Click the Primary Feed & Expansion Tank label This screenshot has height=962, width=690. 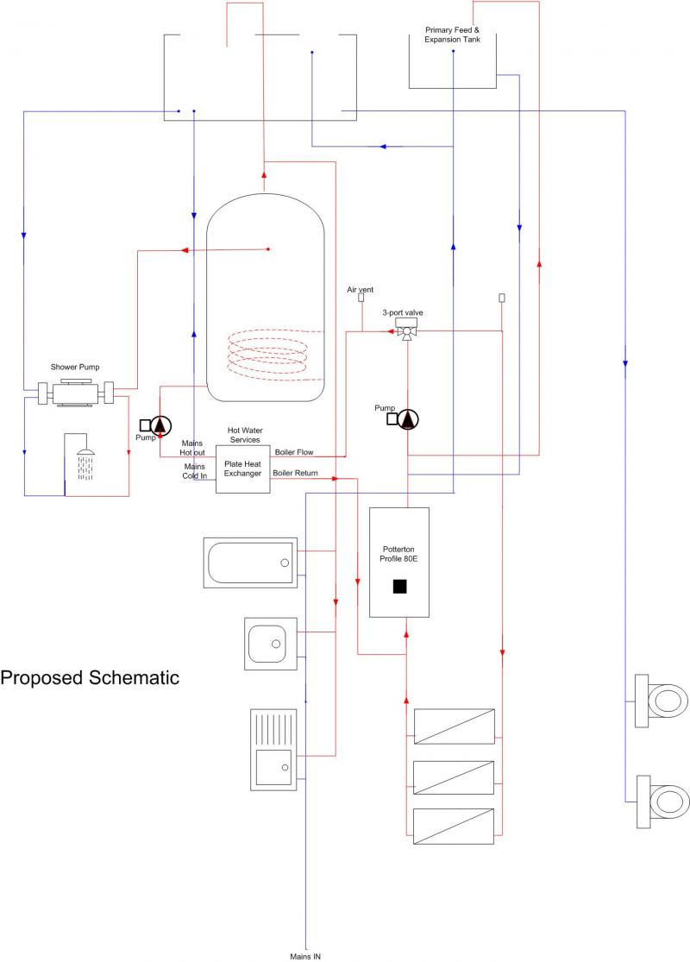coord(453,35)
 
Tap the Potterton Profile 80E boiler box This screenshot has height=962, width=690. coord(399,562)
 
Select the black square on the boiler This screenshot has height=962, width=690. coord(399,587)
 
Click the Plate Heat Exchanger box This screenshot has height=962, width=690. coord(242,468)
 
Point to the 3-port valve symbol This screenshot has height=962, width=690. coord(405,330)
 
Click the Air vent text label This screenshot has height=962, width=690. coord(361,290)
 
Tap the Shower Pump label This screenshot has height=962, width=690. coord(75,367)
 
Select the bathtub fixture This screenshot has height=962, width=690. coord(250,563)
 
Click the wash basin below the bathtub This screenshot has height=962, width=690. coord(271,643)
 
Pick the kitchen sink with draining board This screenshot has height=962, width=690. coord(273,750)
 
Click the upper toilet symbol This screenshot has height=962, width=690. coord(662,700)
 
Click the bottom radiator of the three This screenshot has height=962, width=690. coord(454,826)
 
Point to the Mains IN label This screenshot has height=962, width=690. coord(305,956)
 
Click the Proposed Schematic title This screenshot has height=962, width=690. coord(90,677)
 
